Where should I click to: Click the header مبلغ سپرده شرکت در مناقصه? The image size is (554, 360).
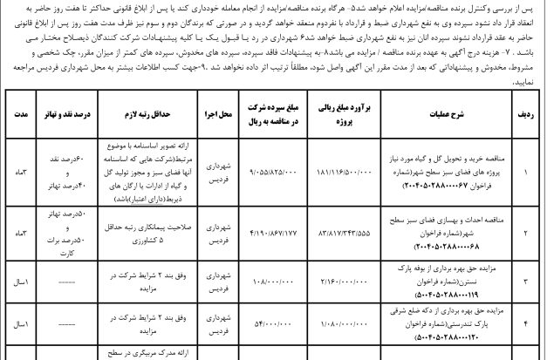pyautogui.click(x=278, y=114)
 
